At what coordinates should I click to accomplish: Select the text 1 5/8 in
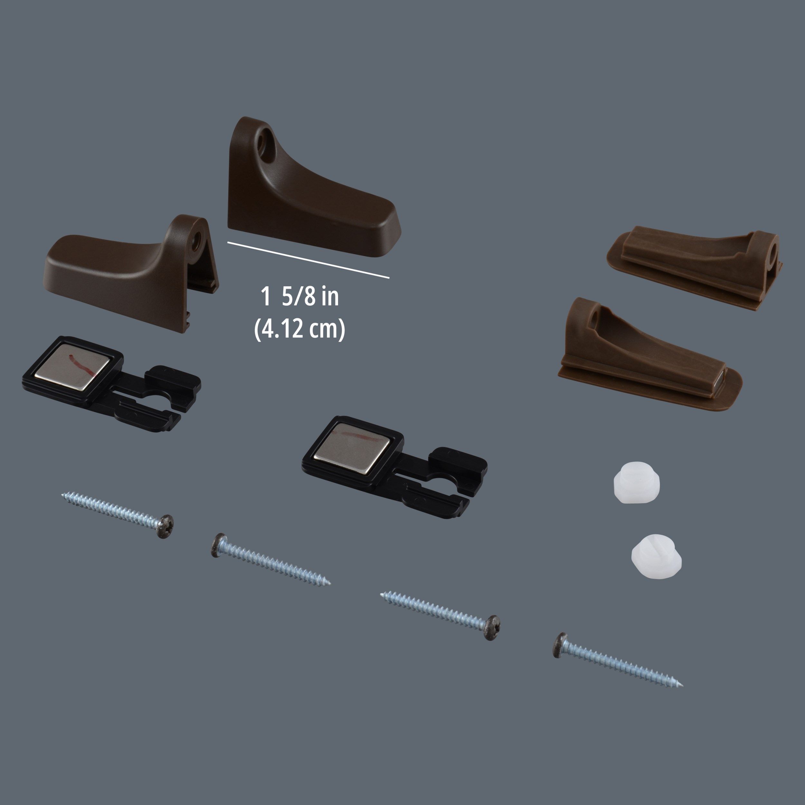coord(299,297)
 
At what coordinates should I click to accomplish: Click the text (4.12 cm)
coord(299,329)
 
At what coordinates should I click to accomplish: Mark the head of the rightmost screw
coord(560,645)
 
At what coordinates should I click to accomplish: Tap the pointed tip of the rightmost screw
coord(682,686)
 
